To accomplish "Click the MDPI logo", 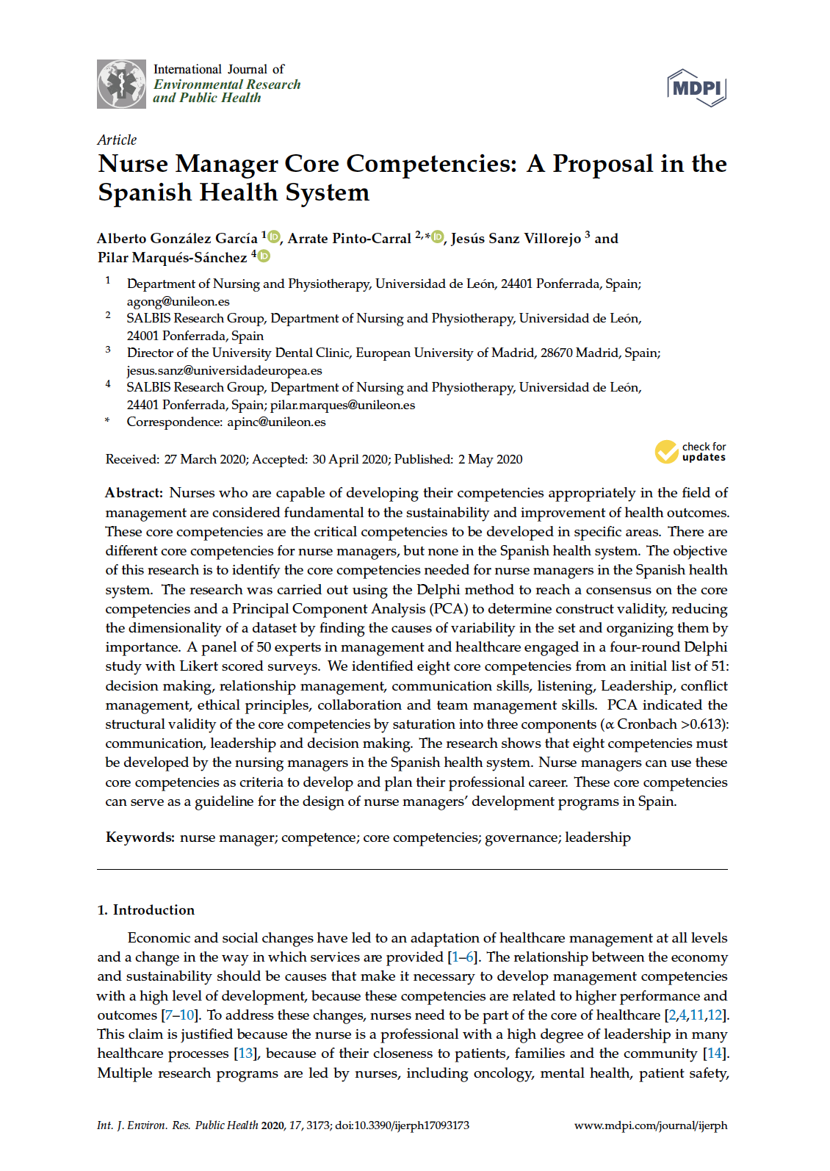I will tap(696, 88).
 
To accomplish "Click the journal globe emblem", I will tap(121, 84).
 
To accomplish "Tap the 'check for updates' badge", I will tap(690, 452).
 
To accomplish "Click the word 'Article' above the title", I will tap(117, 140).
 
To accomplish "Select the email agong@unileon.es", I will tap(178, 301).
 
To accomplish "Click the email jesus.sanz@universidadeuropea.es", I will tap(224, 370).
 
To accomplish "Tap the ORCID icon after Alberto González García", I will tap(274, 237).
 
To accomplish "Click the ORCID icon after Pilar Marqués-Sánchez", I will tap(264, 256).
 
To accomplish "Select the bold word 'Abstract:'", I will tap(134, 493).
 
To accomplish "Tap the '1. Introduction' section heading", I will tap(146, 909).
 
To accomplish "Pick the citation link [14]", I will tap(715, 1053).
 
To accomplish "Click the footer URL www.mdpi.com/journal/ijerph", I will tap(650, 1125).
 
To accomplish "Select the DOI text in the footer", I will tap(402, 1125).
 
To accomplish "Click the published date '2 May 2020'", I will tap(490, 459).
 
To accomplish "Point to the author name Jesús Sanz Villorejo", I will tap(516, 238).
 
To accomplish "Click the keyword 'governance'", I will tap(521, 837).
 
